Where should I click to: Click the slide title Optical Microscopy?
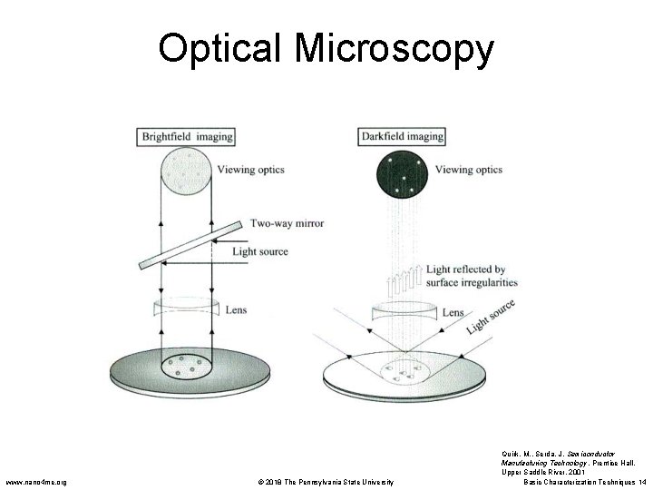point(326,49)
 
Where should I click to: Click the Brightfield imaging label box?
point(186,137)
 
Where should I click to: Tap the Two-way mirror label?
point(287,223)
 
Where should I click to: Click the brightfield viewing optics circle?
point(186,171)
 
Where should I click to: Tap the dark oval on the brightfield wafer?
point(186,367)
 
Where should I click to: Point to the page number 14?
point(642,482)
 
